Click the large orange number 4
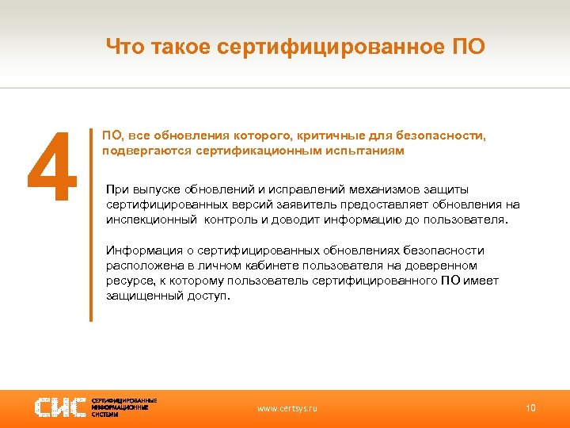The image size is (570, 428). (x=51, y=167)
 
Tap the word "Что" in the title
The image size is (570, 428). (x=126, y=48)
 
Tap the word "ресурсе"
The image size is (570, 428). (x=127, y=281)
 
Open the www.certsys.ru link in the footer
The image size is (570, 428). (x=287, y=408)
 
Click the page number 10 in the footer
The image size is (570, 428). (x=530, y=408)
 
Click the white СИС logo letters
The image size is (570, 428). (x=60, y=407)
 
